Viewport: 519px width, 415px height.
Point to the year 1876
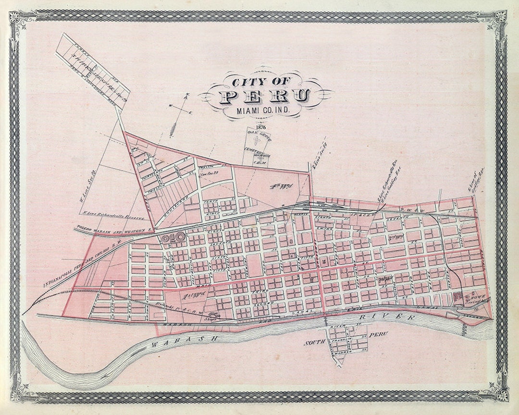(x=261, y=127)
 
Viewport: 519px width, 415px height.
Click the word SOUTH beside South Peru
(x=315, y=343)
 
